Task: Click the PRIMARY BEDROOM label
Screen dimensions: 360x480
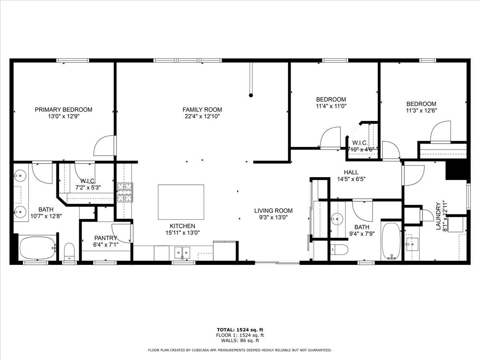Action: tap(63, 109)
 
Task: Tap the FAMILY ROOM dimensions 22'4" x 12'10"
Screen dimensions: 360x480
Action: tap(202, 116)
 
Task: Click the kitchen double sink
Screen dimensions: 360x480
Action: tap(182, 252)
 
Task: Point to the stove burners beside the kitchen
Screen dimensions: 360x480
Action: tap(124, 193)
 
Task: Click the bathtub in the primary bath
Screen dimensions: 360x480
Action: tap(37, 248)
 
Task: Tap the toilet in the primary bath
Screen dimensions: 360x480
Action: tap(69, 251)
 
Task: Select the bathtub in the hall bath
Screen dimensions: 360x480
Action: tap(391, 241)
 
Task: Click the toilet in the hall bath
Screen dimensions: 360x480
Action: tap(339, 249)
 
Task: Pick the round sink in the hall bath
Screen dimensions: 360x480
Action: tap(338, 219)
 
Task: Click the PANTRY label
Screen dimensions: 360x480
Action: tap(106, 238)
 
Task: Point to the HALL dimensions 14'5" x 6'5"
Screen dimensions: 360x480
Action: tap(351, 179)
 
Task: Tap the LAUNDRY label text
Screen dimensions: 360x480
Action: tap(438, 216)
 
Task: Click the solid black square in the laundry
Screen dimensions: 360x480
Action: tap(456, 170)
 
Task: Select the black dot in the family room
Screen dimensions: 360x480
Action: tap(251, 95)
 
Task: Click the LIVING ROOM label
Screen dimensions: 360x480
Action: tap(273, 210)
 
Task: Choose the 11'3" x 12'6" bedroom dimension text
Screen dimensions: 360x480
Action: tap(421, 110)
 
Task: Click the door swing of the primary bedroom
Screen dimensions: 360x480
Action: tap(105, 146)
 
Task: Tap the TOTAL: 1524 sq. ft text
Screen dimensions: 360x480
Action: tap(240, 330)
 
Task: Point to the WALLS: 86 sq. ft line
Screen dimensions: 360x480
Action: tap(240, 341)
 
